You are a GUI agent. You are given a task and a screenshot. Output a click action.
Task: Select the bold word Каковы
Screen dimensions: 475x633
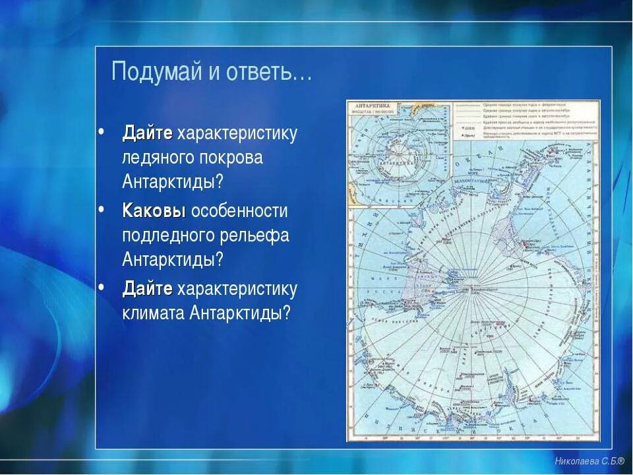tap(154, 211)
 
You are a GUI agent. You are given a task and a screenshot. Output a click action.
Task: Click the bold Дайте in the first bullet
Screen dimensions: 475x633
tap(148, 133)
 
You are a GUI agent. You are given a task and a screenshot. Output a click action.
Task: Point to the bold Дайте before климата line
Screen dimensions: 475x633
tap(148, 289)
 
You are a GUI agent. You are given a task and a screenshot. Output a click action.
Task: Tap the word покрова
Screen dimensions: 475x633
tap(235, 158)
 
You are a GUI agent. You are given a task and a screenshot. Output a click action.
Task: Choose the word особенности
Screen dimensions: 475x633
tap(239, 211)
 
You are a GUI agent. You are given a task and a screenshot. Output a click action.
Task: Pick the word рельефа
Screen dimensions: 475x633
tap(258, 236)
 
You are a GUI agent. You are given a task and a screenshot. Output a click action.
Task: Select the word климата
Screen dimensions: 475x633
tap(154, 313)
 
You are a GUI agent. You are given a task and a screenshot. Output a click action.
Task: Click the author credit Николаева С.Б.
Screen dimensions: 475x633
tap(589, 461)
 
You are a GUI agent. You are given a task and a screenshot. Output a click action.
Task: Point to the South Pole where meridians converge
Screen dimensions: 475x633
tap(469, 288)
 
